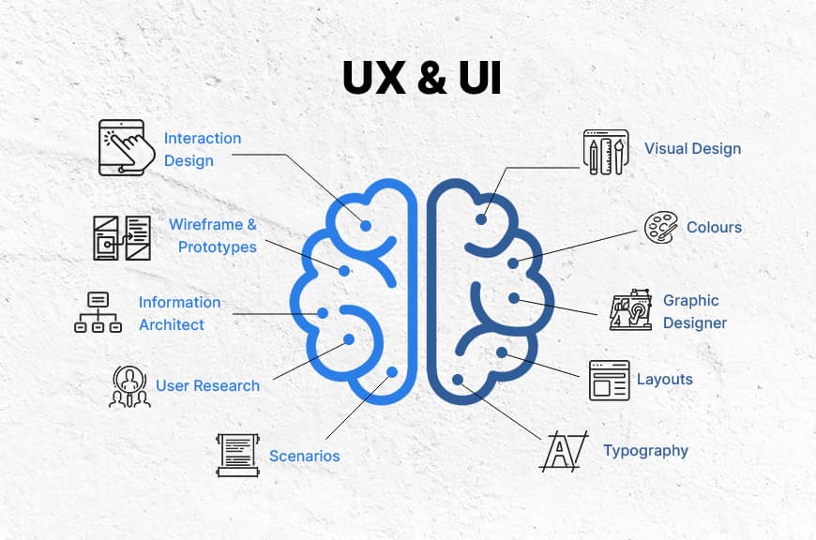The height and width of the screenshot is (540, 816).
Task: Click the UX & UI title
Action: point(421,79)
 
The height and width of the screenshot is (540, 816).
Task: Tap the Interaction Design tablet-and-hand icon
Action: point(122,147)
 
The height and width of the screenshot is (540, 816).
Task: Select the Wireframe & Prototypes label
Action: point(214,235)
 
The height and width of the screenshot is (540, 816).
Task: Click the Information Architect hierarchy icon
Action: point(98,312)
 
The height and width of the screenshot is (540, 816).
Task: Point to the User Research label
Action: point(207,385)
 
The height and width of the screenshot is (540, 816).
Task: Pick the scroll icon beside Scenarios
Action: point(237,455)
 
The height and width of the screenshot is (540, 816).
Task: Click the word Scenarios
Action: point(304,457)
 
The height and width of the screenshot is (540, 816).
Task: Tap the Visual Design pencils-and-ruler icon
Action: point(605,152)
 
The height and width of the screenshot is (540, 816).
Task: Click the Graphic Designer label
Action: point(694,311)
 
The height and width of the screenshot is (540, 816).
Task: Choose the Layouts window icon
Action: point(609,380)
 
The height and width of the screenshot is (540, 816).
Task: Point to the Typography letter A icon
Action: point(563,451)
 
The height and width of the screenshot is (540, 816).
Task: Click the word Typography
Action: point(645,451)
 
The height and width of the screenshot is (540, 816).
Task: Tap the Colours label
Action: point(714,227)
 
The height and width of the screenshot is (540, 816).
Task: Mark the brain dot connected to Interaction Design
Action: point(366,225)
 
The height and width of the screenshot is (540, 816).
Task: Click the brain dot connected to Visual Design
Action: point(481,219)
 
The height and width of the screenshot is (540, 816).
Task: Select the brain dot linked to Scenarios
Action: point(392,372)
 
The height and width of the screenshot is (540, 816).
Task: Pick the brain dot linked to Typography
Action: point(459,380)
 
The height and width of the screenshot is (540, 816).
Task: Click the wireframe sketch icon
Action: point(122,237)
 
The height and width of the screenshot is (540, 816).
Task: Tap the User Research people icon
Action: point(129,386)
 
